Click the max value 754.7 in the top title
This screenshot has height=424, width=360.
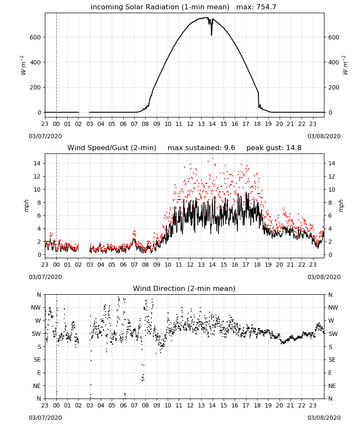266,7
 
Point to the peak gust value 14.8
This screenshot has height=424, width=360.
293,148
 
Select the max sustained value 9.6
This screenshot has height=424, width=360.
230,148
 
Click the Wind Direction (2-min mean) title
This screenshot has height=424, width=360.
184,288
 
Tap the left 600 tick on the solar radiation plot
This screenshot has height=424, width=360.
35,37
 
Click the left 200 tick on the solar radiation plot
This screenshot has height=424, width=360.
35,88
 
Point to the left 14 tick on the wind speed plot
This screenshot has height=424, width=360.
37,163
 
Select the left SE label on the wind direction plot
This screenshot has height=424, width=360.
37,360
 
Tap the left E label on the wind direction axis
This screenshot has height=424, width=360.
39,373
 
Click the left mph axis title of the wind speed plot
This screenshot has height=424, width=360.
26,206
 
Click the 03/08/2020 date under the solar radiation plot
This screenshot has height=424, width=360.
324,136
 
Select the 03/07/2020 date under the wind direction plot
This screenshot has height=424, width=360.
45,418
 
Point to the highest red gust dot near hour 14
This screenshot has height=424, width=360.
213,159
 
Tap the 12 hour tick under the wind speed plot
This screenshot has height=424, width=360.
190,265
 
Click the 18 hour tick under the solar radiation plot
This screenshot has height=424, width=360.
257,124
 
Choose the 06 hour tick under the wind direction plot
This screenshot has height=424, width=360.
123,405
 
